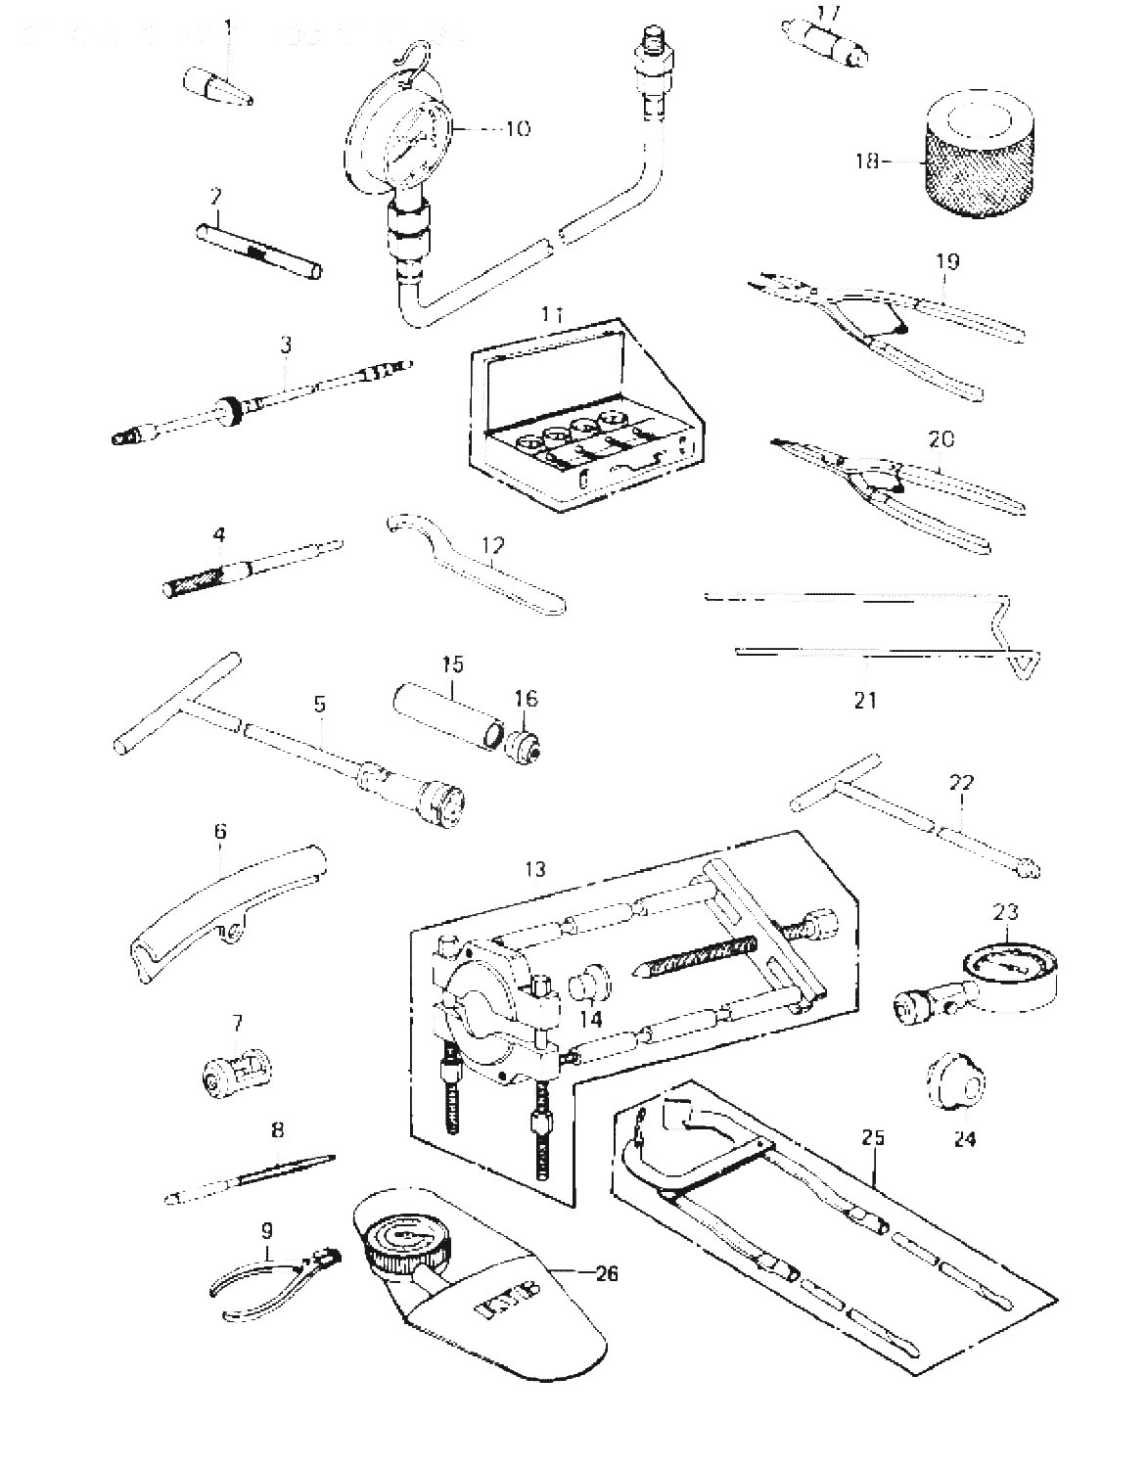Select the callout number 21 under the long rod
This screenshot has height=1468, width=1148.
point(866,700)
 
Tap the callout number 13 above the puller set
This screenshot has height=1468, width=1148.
point(535,868)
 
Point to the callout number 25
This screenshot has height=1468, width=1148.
point(873,1137)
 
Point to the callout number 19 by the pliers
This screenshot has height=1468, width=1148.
point(947,262)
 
